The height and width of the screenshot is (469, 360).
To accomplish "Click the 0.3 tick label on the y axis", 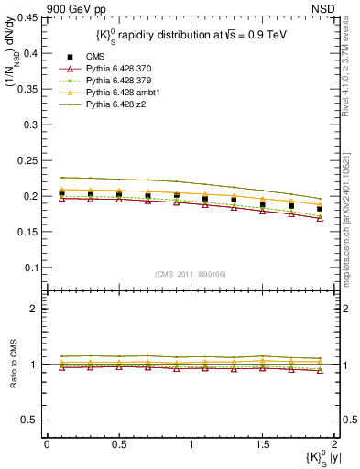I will coord(31,125).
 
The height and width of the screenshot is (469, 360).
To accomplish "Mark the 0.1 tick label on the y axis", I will coord(31,267).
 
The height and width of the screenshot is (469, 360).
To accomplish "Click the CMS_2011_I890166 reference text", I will coord(191,274).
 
